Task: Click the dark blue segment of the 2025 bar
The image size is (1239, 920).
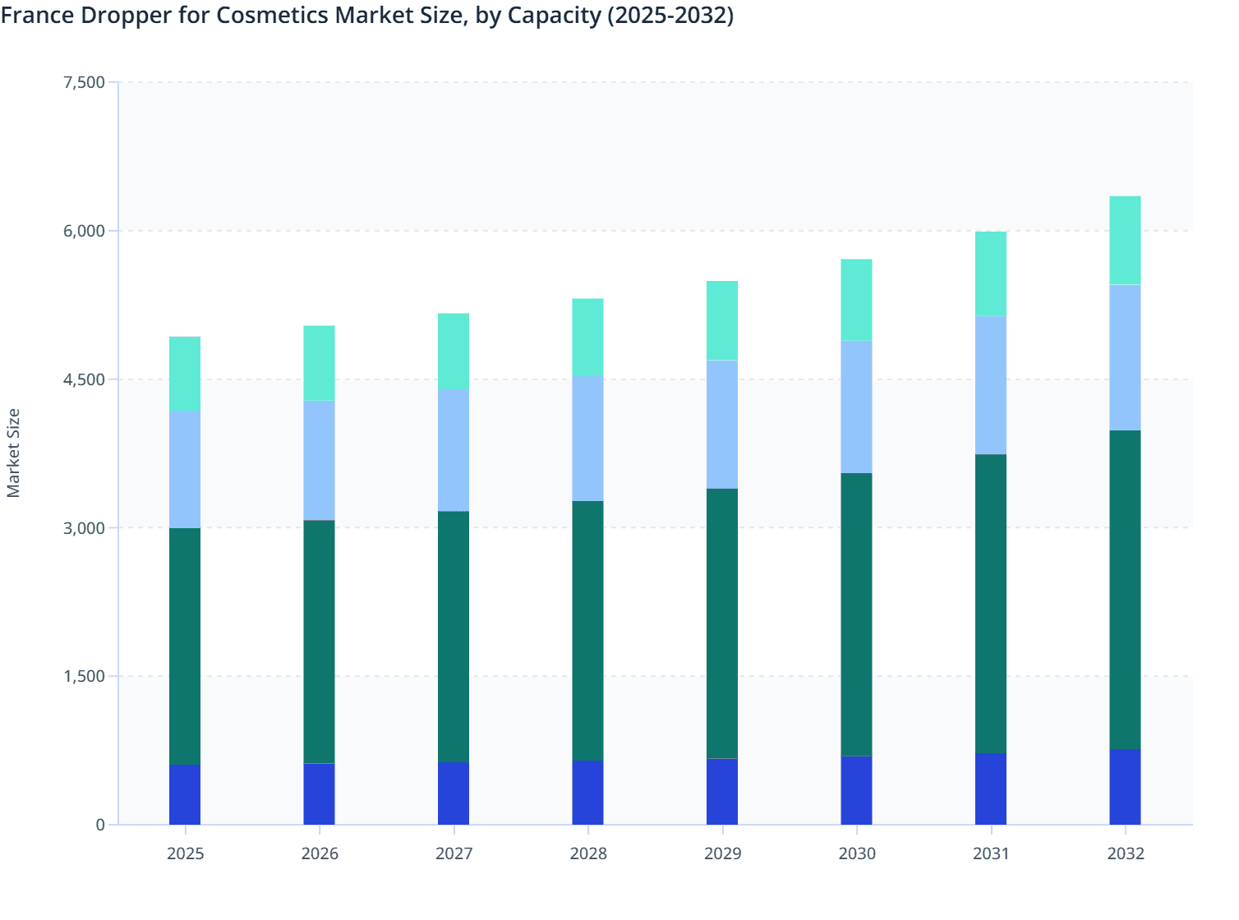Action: coord(185,794)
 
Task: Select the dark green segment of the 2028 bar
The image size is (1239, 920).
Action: coord(587,630)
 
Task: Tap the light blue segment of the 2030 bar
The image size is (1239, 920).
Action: coord(856,407)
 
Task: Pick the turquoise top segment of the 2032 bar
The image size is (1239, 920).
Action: coord(1125,240)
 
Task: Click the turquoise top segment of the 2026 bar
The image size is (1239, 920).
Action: coord(319,363)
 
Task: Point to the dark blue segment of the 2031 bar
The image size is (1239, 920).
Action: coord(991,789)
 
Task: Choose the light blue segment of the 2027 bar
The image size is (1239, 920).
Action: coord(454,449)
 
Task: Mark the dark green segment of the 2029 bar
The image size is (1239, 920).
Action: coord(722,623)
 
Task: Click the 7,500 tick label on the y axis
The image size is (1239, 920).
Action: coord(84,82)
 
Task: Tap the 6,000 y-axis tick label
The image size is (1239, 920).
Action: coord(84,231)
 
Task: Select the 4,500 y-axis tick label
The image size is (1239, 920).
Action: coord(84,379)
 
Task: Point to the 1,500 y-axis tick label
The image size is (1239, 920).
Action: coord(84,676)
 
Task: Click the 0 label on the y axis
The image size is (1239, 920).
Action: coord(100,825)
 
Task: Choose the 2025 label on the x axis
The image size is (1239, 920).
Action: coord(185,853)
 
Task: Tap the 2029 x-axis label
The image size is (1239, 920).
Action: coord(722,853)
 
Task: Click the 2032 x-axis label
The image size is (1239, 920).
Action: coord(1125,853)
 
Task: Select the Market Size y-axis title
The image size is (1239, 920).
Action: coord(14,453)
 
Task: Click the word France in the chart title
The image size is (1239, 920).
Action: coord(37,15)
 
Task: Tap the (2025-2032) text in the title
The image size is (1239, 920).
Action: coord(670,15)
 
